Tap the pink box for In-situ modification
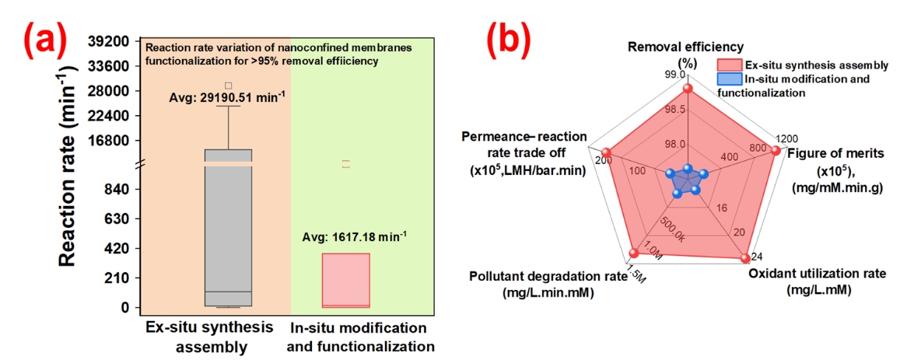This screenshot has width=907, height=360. click(346, 280)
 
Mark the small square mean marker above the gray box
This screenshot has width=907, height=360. click(228, 86)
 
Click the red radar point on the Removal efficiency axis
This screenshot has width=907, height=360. click(687, 89)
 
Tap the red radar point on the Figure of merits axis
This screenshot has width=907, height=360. click(775, 152)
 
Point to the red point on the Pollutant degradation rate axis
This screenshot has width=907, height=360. click(634, 253)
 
